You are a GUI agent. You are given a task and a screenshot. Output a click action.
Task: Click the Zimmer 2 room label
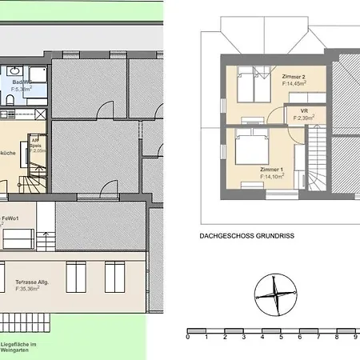293,75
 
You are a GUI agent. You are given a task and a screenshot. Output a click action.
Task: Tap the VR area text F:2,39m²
303,118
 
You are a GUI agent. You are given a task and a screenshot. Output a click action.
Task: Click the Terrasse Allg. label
34,283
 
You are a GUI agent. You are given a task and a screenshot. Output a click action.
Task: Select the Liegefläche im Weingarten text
22,348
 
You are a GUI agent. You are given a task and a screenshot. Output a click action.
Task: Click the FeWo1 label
10,217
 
